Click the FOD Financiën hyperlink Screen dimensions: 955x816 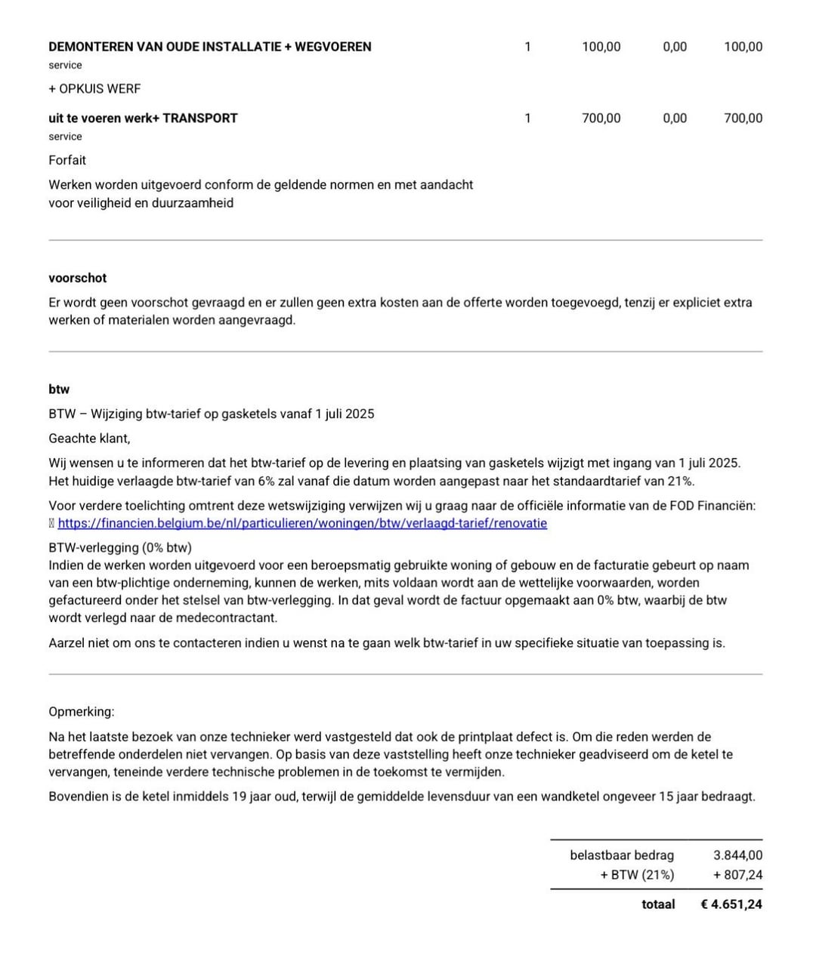click(x=302, y=523)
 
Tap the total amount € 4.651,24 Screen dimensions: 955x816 click(x=731, y=904)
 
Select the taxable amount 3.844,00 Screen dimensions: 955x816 click(x=737, y=855)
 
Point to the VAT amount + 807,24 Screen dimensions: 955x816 click(x=737, y=875)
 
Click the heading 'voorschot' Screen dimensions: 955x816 click(x=78, y=278)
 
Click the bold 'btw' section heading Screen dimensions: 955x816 click(x=59, y=390)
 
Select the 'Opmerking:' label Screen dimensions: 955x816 click(x=82, y=712)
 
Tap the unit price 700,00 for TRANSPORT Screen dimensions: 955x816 click(x=601, y=118)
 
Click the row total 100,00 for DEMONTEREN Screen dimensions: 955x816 click(x=743, y=47)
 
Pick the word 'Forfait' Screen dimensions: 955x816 click(x=67, y=160)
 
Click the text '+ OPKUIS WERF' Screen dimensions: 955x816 click(x=94, y=88)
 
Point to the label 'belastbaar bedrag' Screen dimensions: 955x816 click(x=622, y=855)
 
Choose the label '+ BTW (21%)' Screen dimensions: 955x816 click(x=637, y=875)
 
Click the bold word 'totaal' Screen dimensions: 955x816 click(x=658, y=904)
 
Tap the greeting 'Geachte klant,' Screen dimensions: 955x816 click(x=89, y=439)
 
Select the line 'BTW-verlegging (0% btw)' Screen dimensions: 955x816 click(x=120, y=547)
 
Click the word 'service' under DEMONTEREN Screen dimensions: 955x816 click(x=65, y=66)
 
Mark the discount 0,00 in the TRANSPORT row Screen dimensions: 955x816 click(x=675, y=118)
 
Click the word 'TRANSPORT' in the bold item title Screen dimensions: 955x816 click(x=200, y=118)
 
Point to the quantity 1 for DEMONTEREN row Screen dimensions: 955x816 click(x=527, y=47)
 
